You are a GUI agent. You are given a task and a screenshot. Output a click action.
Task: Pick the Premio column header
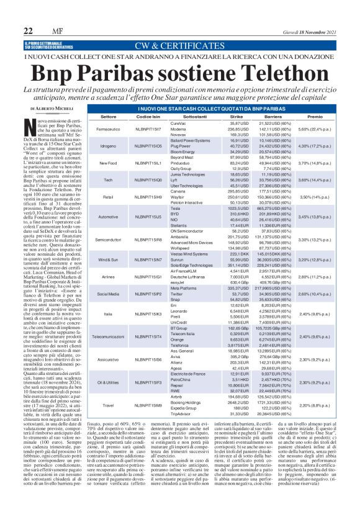pos(315,116)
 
